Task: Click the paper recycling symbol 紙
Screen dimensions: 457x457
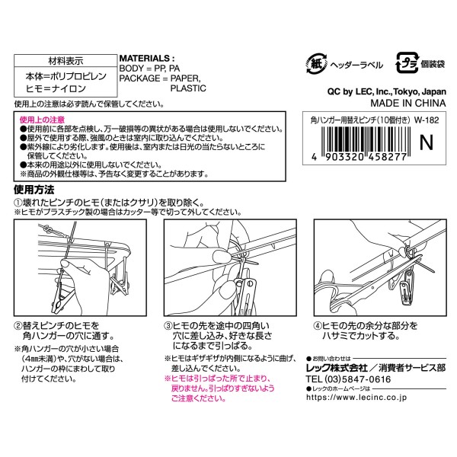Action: pos(317,63)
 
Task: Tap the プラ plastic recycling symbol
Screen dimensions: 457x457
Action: pos(407,63)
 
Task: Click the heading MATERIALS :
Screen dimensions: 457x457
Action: pos(147,59)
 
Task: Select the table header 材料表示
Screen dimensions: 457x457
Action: pos(66,61)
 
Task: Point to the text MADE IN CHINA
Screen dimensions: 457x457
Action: pos(408,103)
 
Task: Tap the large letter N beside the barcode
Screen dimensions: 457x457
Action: pos(426,142)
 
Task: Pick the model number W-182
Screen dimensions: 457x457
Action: pos(427,120)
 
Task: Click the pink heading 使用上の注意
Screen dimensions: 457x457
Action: pos(42,120)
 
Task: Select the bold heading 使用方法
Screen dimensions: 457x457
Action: pos(34,190)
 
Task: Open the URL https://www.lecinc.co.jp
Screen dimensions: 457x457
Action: pos(356,398)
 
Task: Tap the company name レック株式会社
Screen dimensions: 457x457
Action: pos(337,368)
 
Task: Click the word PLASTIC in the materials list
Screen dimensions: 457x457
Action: pos(188,88)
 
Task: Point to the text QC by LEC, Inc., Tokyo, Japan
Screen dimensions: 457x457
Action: pos(387,91)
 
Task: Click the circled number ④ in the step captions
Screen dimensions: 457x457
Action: pos(318,326)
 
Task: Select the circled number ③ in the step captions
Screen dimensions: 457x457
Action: pos(168,326)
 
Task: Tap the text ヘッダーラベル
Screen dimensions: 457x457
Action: pos(356,65)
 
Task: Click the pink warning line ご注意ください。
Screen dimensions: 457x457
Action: pos(199,398)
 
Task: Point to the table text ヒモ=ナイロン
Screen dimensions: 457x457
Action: pos(56,88)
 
